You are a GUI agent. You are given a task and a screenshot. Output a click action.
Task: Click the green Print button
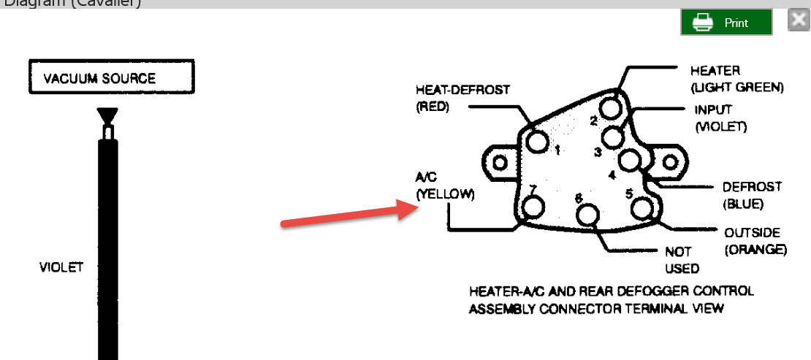click(x=726, y=22)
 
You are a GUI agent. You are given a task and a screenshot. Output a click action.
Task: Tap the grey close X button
click(x=798, y=20)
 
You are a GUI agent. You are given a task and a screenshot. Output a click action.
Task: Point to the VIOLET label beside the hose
click(x=61, y=267)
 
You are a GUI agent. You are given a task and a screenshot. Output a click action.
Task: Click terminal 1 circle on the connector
click(x=538, y=142)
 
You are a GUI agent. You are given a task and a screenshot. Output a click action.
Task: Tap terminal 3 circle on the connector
click(x=614, y=136)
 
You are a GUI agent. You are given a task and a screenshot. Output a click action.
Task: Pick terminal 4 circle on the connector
click(x=628, y=160)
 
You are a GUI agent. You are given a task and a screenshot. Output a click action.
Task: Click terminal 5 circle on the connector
click(x=641, y=208)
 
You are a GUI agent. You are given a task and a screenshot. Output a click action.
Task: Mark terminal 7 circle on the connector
click(x=533, y=207)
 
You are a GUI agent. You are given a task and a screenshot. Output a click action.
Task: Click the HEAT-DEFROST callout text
click(x=462, y=90)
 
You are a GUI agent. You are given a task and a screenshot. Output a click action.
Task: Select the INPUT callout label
click(x=714, y=110)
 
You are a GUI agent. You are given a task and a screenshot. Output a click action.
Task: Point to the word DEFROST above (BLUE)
click(x=752, y=187)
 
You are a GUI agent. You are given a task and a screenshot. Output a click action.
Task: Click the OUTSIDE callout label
click(x=752, y=233)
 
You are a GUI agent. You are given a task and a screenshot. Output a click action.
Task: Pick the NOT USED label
click(x=682, y=260)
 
